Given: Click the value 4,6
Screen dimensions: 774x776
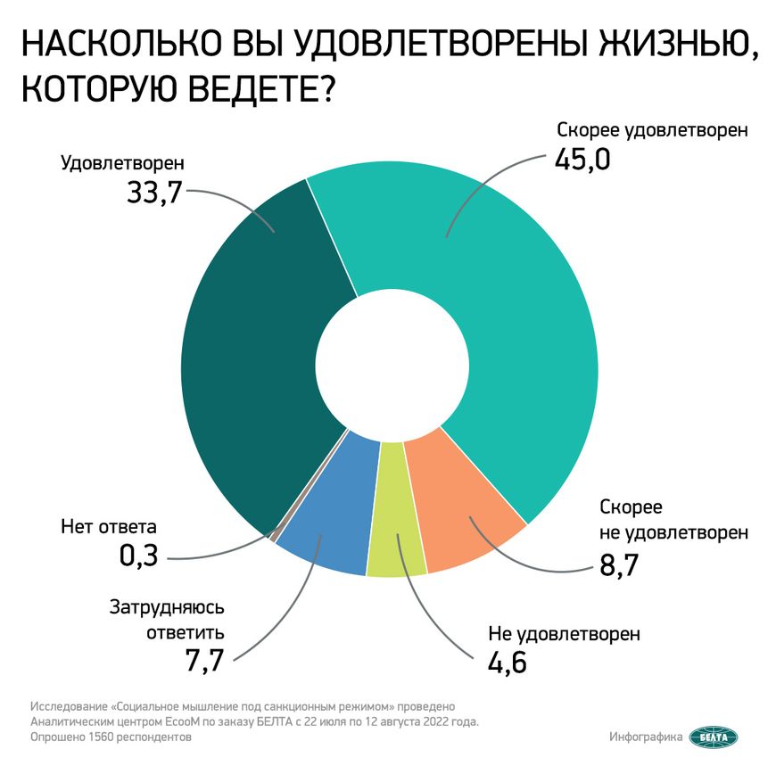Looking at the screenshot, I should [508, 663].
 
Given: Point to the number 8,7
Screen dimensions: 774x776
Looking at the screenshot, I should [621, 564].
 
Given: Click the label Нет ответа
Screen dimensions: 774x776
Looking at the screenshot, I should [109, 526].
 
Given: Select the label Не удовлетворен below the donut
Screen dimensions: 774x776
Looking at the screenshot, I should [564, 634].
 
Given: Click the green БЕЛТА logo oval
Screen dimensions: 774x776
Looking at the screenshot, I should [714, 737].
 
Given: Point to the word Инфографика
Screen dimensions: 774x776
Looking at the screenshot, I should [647, 737].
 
